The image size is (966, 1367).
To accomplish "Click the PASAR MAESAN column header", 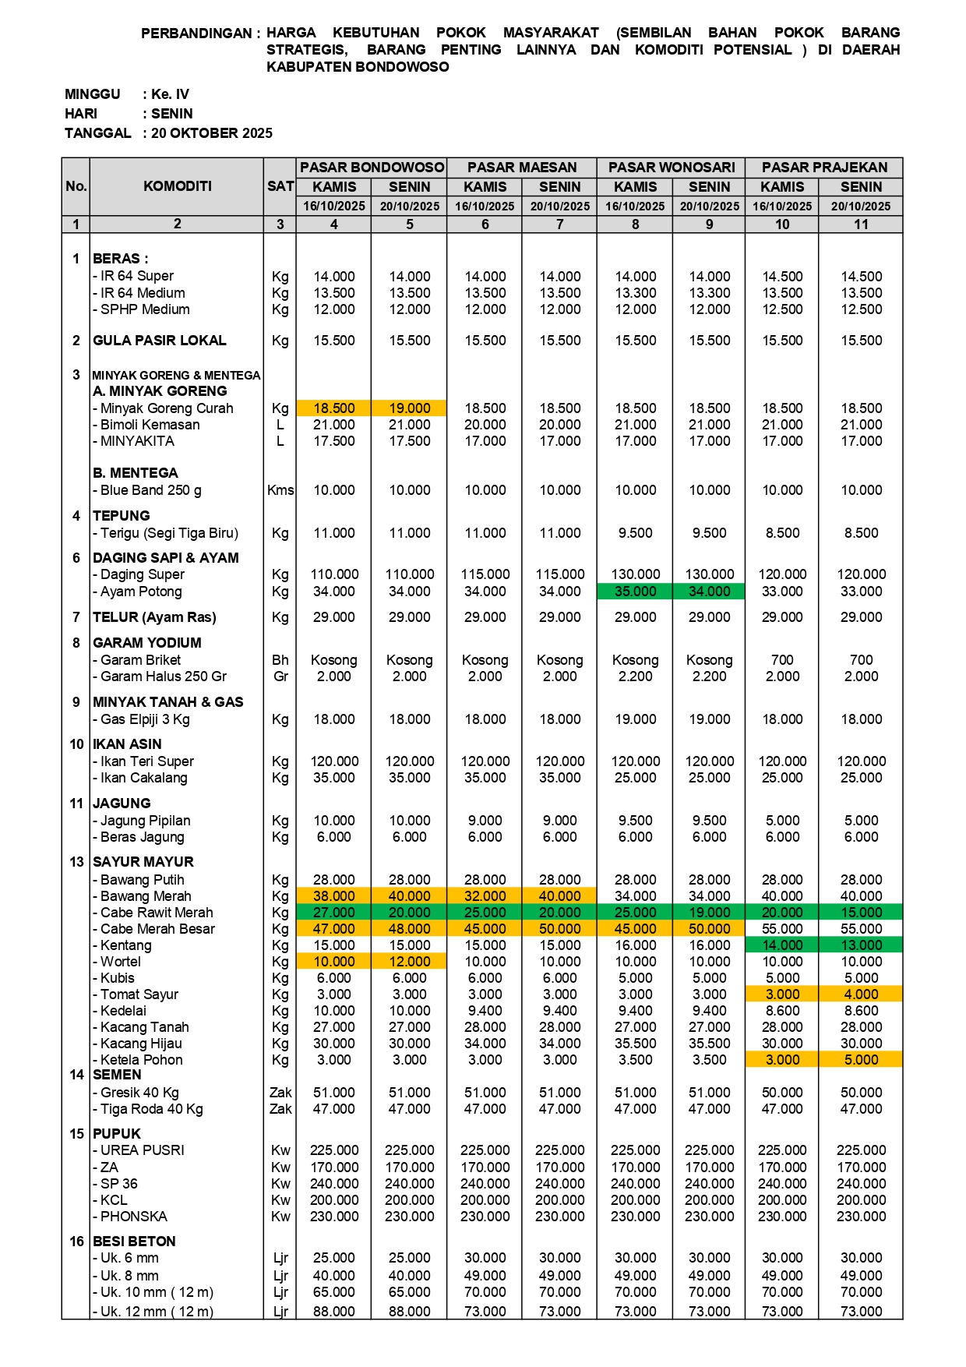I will [x=522, y=168].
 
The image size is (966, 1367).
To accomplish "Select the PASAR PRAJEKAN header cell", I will [x=824, y=168].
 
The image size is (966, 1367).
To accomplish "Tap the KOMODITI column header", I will [x=177, y=186].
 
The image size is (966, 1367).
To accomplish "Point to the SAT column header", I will [x=280, y=186].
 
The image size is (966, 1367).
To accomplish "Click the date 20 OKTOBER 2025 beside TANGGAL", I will [x=212, y=133].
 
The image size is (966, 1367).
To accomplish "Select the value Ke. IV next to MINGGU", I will [x=170, y=94].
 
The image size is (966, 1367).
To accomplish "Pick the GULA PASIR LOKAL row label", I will [x=160, y=341].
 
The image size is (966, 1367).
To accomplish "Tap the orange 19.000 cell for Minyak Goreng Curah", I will [x=410, y=408].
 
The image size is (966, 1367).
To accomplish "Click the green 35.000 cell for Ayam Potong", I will [x=636, y=592].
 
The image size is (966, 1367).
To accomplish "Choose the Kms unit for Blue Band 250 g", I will [x=280, y=490].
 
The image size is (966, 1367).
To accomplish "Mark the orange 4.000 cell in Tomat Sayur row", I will [x=861, y=994].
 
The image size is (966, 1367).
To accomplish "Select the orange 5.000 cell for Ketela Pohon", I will [x=861, y=1060].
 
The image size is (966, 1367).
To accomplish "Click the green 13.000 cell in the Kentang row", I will [x=861, y=945].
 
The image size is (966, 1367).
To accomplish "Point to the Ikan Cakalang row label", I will [x=144, y=778].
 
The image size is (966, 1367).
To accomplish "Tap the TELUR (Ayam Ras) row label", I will [x=154, y=617].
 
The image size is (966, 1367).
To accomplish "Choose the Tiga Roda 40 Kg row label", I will [x=152, y=1109].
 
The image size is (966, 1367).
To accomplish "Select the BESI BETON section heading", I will [x=134, y=1242].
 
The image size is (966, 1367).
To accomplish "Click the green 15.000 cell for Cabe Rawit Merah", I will [x=861, y=913].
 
